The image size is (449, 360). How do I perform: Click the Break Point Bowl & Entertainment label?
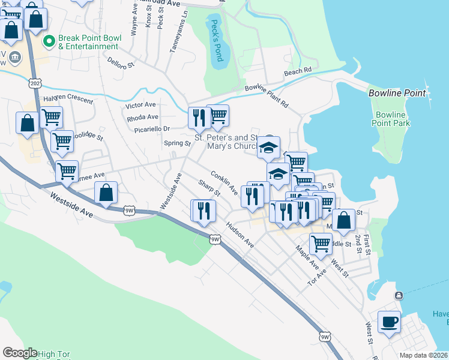89,43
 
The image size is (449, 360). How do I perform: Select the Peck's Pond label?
215,41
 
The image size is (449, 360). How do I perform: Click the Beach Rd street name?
298,71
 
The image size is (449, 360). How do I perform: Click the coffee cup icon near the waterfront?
389,322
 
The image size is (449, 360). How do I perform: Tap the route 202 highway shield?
35,83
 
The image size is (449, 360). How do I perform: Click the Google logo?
19,353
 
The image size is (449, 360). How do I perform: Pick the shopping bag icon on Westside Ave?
106,193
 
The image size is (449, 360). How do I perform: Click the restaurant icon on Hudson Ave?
205,211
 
